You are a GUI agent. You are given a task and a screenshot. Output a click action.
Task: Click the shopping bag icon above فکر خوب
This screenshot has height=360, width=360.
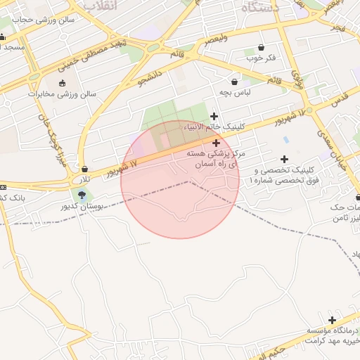click(x=262, y=47)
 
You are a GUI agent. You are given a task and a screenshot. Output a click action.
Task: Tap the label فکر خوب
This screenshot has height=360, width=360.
click(x=261, y=58)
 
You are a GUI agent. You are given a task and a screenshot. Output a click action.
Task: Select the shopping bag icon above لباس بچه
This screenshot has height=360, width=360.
click(x=234, y=82)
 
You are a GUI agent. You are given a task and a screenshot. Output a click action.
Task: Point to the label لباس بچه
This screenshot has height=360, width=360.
click(x=234, y=92)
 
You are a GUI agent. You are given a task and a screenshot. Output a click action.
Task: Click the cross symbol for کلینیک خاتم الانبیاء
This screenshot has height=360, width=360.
click(x=214, y=116)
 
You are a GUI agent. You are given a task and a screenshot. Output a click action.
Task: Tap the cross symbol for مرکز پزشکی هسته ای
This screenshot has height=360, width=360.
click(x=216, y=143)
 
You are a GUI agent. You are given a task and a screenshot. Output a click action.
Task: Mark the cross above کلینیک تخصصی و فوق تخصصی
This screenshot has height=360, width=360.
click(x=284, y=160)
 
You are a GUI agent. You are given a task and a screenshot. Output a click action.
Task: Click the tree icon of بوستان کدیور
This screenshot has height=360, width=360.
click(x=82, y=195)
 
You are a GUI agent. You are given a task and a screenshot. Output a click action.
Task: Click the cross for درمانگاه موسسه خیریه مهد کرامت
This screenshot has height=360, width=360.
click(x=332, y=320)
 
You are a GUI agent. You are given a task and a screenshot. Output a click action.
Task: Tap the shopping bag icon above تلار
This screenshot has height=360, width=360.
click(x=85, y=169)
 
